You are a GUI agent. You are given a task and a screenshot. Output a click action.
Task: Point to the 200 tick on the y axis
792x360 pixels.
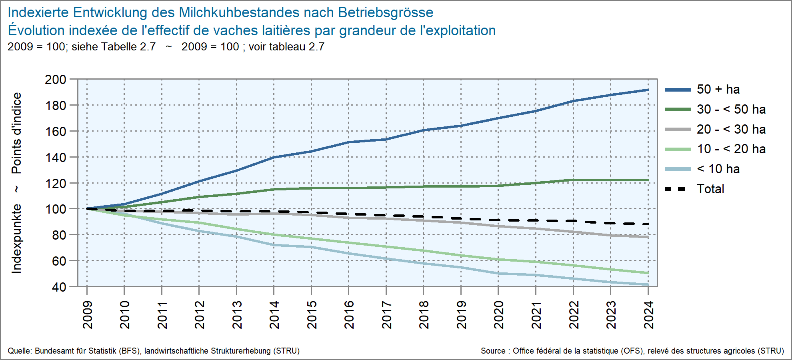tap(56, 79)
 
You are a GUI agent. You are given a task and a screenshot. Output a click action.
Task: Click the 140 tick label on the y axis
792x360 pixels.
tap(56, 157)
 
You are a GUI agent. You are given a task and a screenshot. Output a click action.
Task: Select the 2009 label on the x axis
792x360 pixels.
tap(87, 315)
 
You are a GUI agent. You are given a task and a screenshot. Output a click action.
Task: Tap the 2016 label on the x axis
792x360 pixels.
tap(349, 315)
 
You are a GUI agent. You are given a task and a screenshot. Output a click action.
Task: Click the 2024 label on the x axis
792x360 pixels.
tap(648, 315)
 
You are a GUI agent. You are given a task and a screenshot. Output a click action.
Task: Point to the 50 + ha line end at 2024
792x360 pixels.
tap(648, 90)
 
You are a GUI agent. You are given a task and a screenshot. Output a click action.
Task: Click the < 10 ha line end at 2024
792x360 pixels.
tap(648, 285)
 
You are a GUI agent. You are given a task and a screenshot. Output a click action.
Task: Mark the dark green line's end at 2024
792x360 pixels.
tap(648, 180)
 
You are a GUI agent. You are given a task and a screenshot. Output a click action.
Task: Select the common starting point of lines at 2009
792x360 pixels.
tap(87, 208)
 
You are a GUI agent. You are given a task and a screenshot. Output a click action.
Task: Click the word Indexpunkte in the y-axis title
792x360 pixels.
tap(16, 239)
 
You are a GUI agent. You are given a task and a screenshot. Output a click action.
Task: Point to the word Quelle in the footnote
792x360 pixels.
tap(20, 351)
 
